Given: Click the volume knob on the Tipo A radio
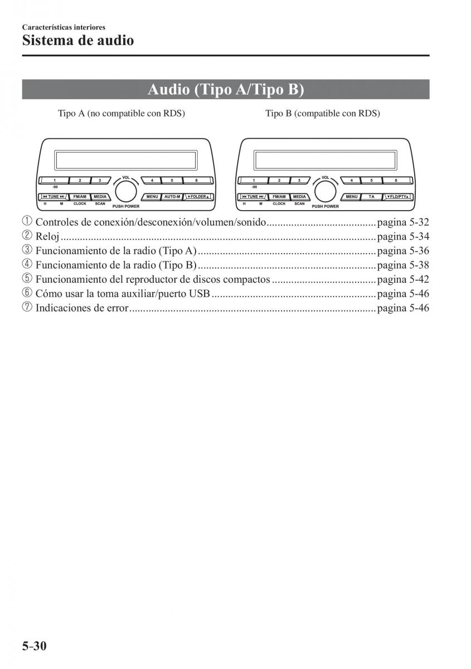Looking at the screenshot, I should point(126,191).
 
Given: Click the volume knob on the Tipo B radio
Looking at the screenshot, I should point(324,191).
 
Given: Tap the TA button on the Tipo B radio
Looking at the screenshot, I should point(371,197).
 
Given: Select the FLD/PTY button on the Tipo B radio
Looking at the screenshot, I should point(398,197).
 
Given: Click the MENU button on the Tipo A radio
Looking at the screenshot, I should point(152,197).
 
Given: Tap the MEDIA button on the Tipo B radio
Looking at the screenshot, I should point(299,197).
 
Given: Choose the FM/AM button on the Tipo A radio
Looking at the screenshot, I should point(80,197).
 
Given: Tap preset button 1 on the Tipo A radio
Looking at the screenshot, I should point(55,181).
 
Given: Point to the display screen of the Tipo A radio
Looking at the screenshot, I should point(126,160).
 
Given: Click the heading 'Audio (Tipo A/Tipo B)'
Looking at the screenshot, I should point(226,90).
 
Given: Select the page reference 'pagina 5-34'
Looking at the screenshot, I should point(403,237).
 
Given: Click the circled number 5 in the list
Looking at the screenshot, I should point(27,279).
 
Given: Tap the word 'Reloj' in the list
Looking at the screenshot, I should point(47,237).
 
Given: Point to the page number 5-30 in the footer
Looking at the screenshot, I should point(35,646).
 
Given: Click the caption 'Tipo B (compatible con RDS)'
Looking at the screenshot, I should point(323,114).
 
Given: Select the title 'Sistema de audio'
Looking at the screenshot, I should point(78,41).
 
